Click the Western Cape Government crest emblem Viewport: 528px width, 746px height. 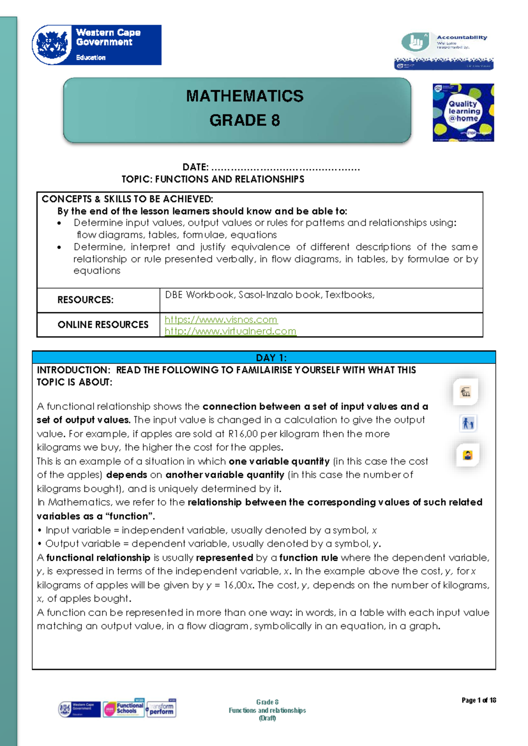point(52,45)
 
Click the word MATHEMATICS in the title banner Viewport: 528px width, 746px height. point(245,96)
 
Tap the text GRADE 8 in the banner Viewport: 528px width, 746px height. point(245,120)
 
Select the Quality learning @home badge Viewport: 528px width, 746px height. point(463,113)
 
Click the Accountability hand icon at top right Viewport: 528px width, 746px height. point(415,42)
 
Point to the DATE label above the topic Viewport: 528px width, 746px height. point(195,167)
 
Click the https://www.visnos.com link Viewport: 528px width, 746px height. point(221,320)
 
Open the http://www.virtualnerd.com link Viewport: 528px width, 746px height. point(230,331)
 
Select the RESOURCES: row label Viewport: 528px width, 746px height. point(85,300)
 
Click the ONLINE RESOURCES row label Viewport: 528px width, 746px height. point(103,325)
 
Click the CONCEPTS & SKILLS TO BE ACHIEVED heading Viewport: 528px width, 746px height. point(127,199)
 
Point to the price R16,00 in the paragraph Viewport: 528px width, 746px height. point(243,434)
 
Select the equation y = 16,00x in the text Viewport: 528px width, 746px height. point(230,585)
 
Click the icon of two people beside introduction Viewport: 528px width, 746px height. point(468,424)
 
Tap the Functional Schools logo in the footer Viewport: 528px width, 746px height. point(124,708)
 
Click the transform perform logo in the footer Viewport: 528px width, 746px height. point(161,709)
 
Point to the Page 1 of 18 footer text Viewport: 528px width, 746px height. point(479,700)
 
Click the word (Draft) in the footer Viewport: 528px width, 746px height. point(267,718)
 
